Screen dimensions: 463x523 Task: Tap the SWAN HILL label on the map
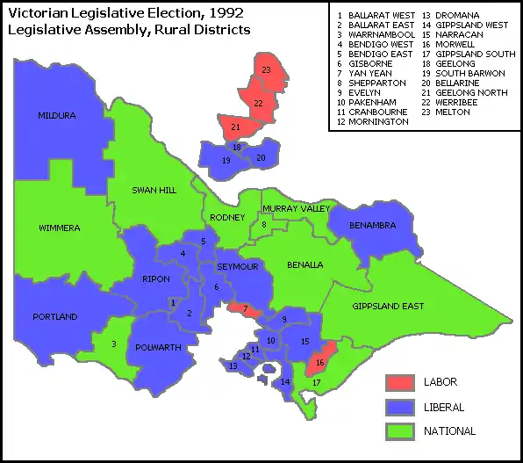tap(154, 190)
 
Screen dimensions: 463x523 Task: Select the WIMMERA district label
tap(60, 228)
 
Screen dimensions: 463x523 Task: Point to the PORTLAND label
tap(54, 316)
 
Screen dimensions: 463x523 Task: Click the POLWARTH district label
tap(159, 348)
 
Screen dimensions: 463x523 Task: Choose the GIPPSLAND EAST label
tap(388, 307)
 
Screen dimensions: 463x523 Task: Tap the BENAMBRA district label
tap(372, 226)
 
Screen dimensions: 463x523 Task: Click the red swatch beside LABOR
tap(399, 382)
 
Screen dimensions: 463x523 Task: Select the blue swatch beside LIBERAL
tap(399, 407)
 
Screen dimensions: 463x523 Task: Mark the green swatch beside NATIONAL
tap(399, 431)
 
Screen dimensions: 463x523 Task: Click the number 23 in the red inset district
tap(266, 69)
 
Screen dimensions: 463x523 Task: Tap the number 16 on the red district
tap(319, 362)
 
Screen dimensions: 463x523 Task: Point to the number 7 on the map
tap(246, 308)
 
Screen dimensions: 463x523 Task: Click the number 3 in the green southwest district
tap(113, 344)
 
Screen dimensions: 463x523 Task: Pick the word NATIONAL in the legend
tap(449, 431)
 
